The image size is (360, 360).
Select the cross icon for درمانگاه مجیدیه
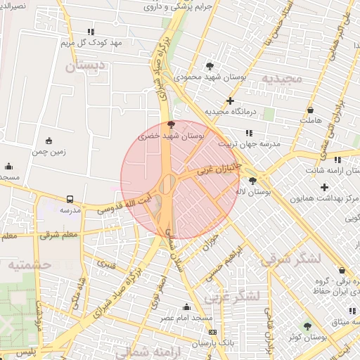coord(229,101)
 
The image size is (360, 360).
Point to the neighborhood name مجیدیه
coord(282,78)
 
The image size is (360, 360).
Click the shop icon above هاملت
coord(310,110)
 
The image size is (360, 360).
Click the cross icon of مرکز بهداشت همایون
coord(324,187)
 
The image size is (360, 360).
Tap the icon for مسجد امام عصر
coord(186,307)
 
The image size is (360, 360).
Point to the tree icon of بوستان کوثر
coord(307,326)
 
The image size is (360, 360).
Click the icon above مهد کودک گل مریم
coord(90,32)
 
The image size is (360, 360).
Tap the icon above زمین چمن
coord(48,141)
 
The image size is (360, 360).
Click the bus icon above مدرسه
coord(70,199)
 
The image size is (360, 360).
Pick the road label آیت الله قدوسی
coord(124,204)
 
